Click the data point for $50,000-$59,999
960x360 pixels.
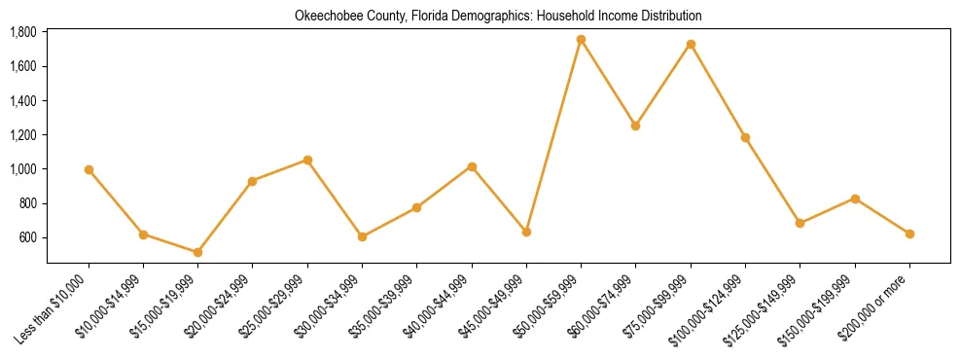pyautogui.click(x=581, y=40)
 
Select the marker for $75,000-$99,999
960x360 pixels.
pyautogui.click(x=691, y=45)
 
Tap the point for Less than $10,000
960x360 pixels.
pyautogui.click(x=89, y=169)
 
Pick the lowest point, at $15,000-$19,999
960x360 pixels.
pyautogui.click(x=197, y=252)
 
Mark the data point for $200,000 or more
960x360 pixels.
pyautogui.click(x=909, y=234)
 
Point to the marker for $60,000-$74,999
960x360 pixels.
pyautogui.click(x=635, y=126)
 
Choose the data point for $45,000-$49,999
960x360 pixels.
pyautogui.click(x=526, y=232)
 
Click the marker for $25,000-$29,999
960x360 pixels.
pyautogui.click(x=307, y=160)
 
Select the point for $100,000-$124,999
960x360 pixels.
pyautogui.click(x=745, y=137)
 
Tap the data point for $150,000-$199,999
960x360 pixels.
pyautogui.click(x=855, y=198)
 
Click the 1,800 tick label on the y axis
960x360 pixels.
pyautogui.click(x=23, y=32)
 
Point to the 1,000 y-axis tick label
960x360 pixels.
pyautogui.click(x=23, y=169)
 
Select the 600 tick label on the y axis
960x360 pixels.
pyautogui.click(x=28, y=237)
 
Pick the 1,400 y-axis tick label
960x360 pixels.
pyautogui.click(x=23, y=100)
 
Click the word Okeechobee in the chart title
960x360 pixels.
pyautogui.click(x=325, y=16)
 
